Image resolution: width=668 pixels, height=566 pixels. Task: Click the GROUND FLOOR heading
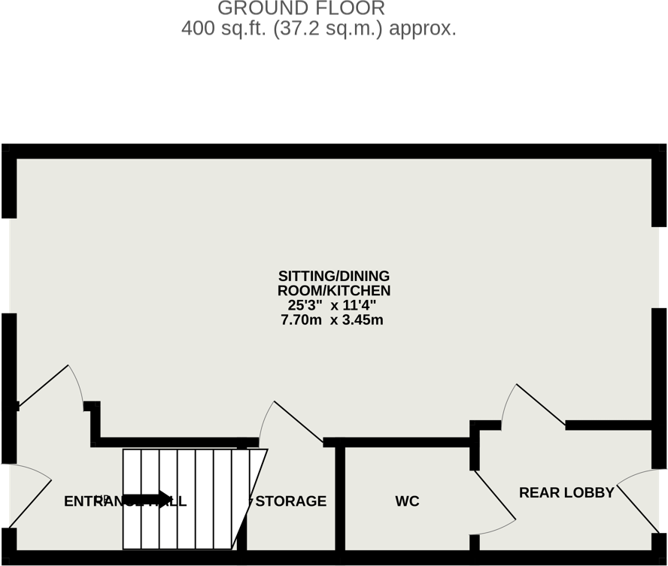tap(301, 9)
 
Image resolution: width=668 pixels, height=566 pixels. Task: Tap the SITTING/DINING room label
tap(334, 276)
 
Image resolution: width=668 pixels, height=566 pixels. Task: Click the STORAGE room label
tap(291, 501)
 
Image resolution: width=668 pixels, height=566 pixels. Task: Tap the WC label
tap(407, 501)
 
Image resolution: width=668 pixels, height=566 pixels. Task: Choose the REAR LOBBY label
tap(566, 493)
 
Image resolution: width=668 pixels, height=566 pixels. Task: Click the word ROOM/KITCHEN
tap(334, 291)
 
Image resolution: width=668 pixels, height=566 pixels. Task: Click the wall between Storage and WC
tap(340, 500)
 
